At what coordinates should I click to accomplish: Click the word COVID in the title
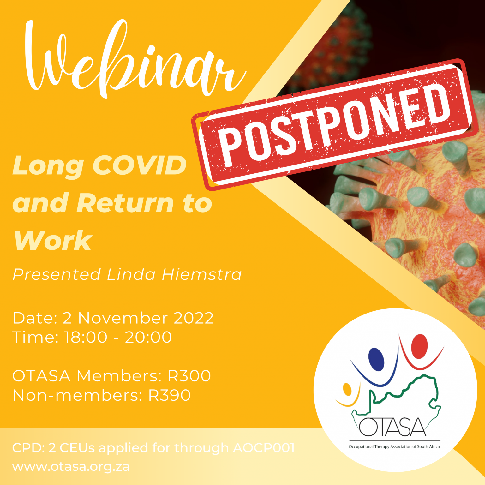click(x=140, y=165)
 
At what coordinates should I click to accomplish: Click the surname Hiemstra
click(x=202, y=274)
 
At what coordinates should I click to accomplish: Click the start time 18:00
click(x=86, y=337)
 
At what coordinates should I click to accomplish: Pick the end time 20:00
click(x=148, y=337)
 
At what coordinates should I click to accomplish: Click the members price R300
click(x=189, y=376)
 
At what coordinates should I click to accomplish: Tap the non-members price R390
click(x=170, y=395)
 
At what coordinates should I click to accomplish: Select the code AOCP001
click(x=264, y=448)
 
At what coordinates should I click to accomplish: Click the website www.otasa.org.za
click(x=71, y=467)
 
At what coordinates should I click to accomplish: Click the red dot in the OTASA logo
click(x=419, y=347)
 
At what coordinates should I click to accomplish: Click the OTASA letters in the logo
click(x=392, y=427)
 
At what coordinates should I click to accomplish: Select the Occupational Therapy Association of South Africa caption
click(x=394, y=447)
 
